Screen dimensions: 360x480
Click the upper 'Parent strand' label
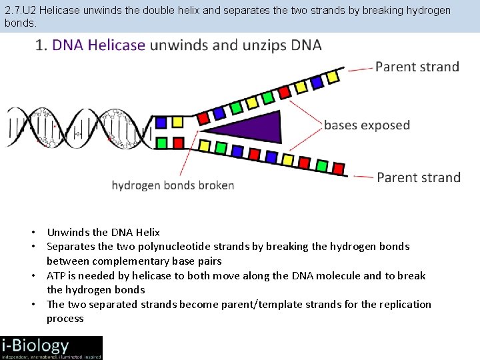click(x=417, y=67)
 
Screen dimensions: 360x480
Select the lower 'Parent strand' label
click(x=418, y=177)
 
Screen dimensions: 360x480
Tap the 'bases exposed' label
click(x=367, y=125)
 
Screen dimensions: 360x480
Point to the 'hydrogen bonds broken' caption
click(x=173, y=185)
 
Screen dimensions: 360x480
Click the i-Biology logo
click(x=51, y=347)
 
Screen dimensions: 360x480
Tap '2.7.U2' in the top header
click(x=20, y=11)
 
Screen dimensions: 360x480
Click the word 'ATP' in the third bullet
click(x=56, y=275)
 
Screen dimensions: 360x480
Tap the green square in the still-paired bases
click(x=161, y=142)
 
